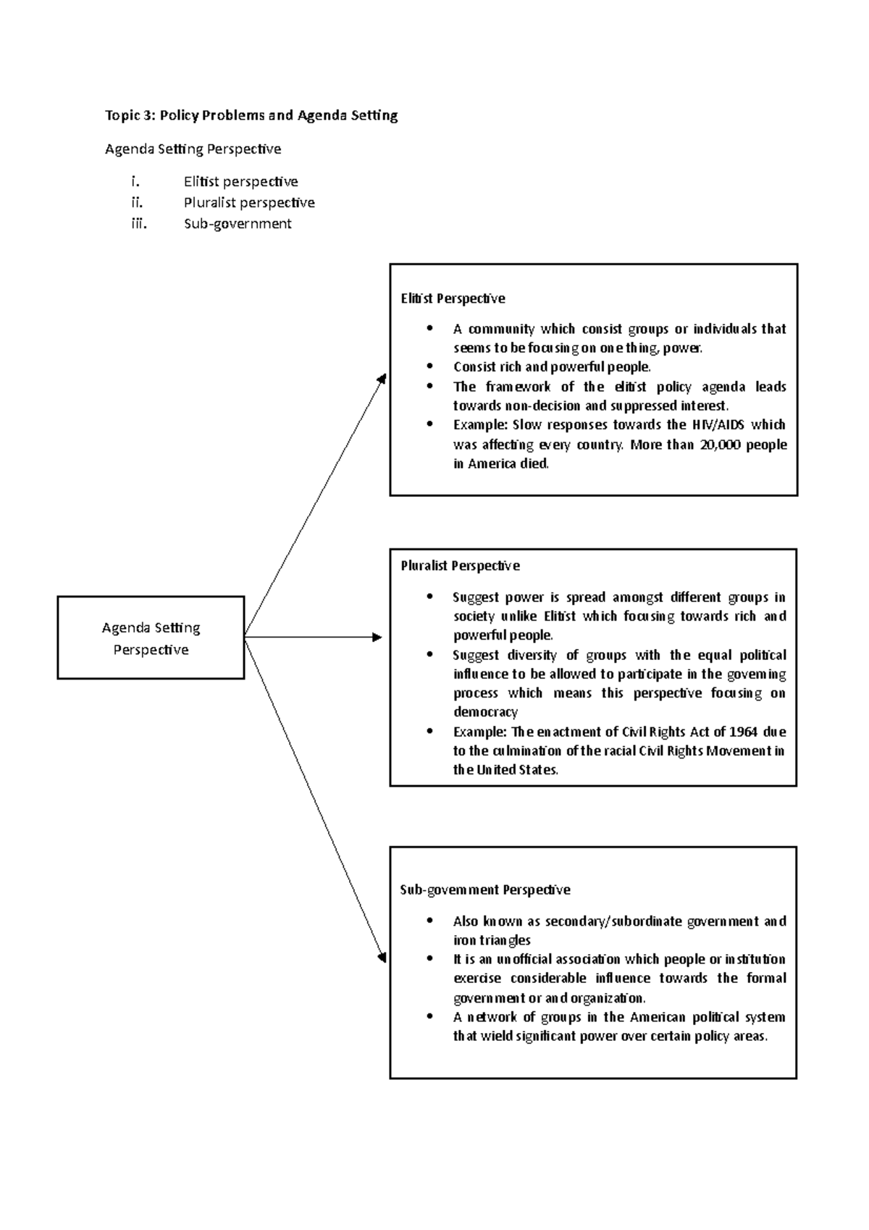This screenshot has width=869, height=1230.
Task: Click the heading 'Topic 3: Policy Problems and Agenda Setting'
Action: (x=251, y=115)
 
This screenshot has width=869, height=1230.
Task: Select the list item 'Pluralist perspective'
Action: (x=249, y=203)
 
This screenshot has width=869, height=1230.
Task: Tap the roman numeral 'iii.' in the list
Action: (x=138, y=224)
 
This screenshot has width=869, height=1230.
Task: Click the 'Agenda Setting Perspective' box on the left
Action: (x=151, y=638)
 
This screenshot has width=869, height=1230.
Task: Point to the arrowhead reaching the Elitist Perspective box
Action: (x=382, y=379)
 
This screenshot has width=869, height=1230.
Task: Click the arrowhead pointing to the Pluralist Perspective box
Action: (x=377, y=637)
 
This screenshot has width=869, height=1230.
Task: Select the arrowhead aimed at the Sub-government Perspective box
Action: (x=382, y=958)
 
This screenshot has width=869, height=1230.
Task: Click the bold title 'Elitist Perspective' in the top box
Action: (x=453, y=298)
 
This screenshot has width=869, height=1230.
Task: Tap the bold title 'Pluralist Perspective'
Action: (x=460, y=566)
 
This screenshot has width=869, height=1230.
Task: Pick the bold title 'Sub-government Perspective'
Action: (x=485, y=890)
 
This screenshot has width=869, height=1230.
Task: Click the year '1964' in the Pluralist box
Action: (x=743, y=732)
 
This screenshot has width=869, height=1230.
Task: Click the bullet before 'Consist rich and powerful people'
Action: (x=430, y=367)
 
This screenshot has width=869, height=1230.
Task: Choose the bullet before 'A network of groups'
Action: (x=430, y=1016)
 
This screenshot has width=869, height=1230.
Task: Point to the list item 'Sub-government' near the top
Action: (x=238, y=224)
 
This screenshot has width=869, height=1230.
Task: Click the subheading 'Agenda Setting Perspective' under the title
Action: (x=193, y=149)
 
